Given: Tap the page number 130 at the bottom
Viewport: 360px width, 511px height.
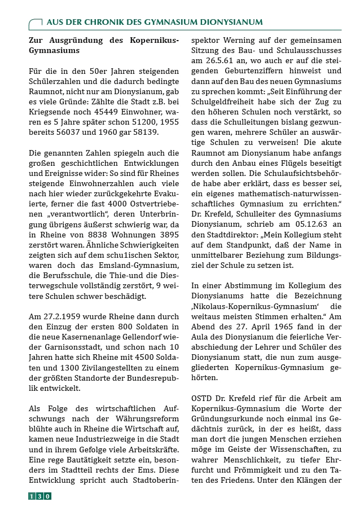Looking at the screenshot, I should tap(39, 496).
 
